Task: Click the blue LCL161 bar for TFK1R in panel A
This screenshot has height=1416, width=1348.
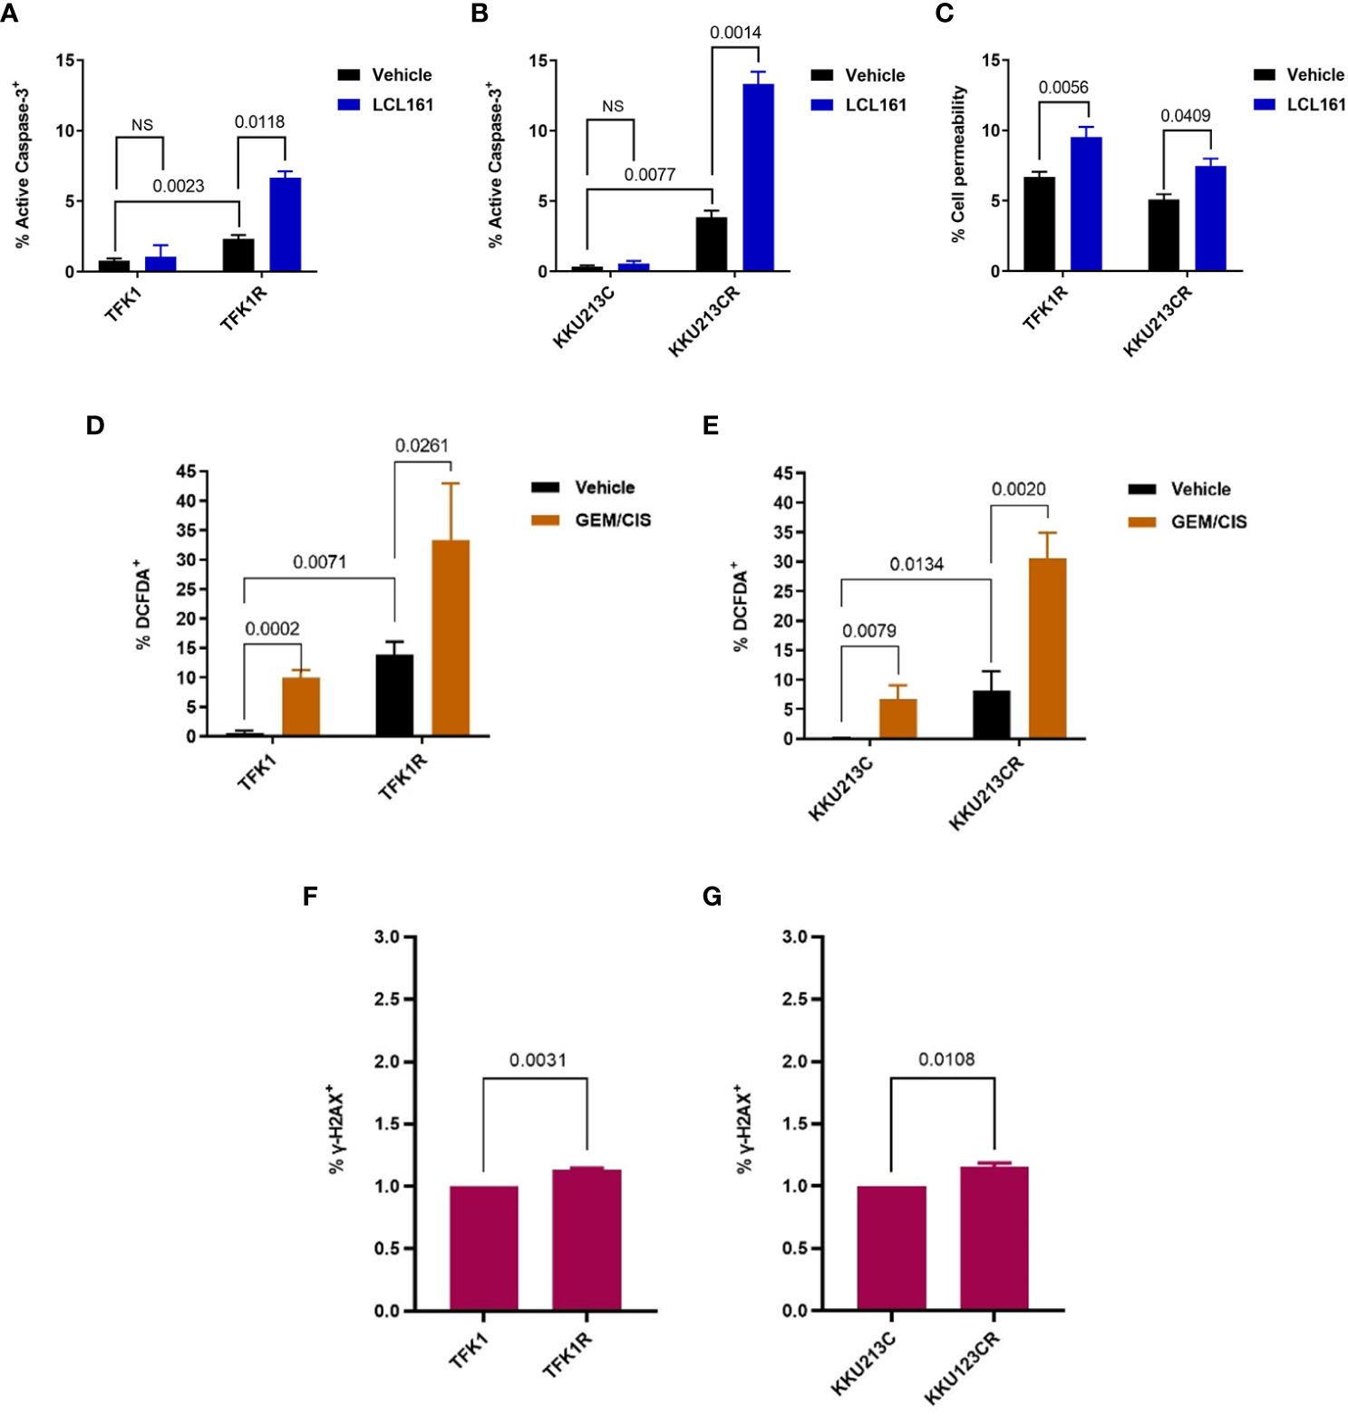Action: (x=285, y=225)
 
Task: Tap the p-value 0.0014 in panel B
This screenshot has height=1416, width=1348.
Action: (x=735, y=33)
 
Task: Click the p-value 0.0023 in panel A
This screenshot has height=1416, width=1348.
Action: (x=178, y=186)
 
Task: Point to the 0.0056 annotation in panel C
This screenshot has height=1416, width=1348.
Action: (x=1062, y=87)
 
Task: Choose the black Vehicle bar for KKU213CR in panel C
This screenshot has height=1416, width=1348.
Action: (x=1163, y=235)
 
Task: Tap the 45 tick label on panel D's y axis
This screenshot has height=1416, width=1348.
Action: (x=186, y=471)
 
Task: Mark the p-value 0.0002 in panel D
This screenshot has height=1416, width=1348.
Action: (x=272, y=628)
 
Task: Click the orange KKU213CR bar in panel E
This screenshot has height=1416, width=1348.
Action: (x=1047, y=648)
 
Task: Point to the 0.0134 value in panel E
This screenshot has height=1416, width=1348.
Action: (x=916, y=564)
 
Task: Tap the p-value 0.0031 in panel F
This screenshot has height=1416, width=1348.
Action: (x=538, y=1060)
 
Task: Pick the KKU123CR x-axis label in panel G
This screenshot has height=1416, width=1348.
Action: (x=963, y=1368)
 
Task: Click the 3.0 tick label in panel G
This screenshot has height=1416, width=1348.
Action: (x=794, y=936)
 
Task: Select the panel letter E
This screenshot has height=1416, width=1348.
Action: (x=711, y=425)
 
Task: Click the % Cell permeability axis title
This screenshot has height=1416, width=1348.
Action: (x=958, y=163)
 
